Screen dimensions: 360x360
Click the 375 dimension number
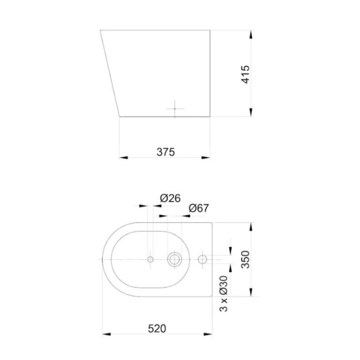click(165, 152)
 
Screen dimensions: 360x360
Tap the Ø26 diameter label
click(170, 198)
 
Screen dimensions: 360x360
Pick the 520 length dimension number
click(157, 329)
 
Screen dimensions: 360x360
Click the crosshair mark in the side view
click(174, 108)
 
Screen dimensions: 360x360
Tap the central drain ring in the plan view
click(175, 259)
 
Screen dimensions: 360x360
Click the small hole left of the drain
click(150, 259)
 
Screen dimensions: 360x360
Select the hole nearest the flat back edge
click(202, 259)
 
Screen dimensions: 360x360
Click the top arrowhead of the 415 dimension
click(252, 34)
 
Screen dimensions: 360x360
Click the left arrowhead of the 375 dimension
click(124, 157)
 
